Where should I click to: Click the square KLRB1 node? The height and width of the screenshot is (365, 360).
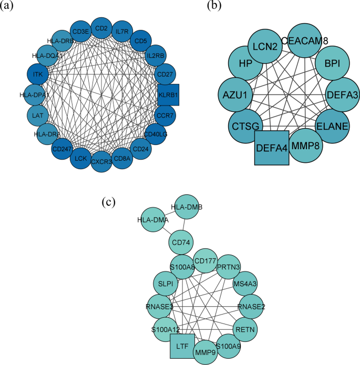click(x=169, y=95)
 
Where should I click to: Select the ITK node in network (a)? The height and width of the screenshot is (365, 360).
click(x=38, y=75)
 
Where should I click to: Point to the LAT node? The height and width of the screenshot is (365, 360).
click(x=37, y=115)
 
